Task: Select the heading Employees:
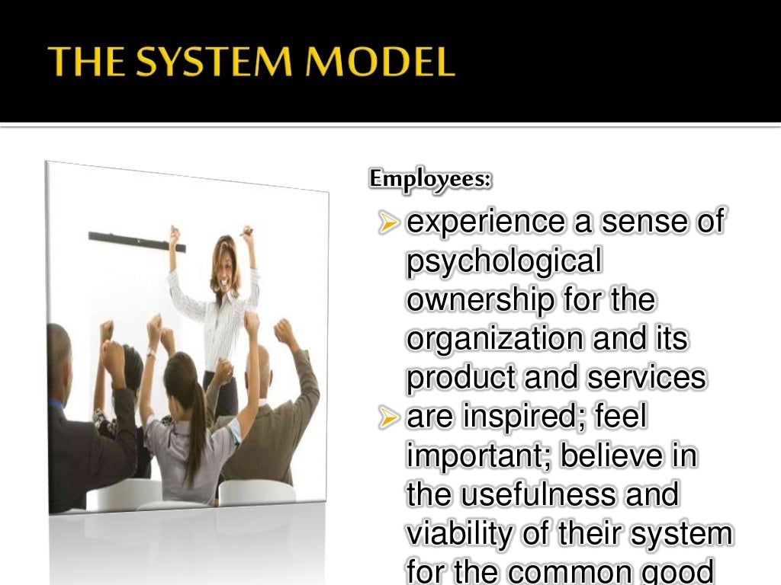click(431, 179)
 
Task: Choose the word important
click(478, 457)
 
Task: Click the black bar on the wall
click(137, 241)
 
